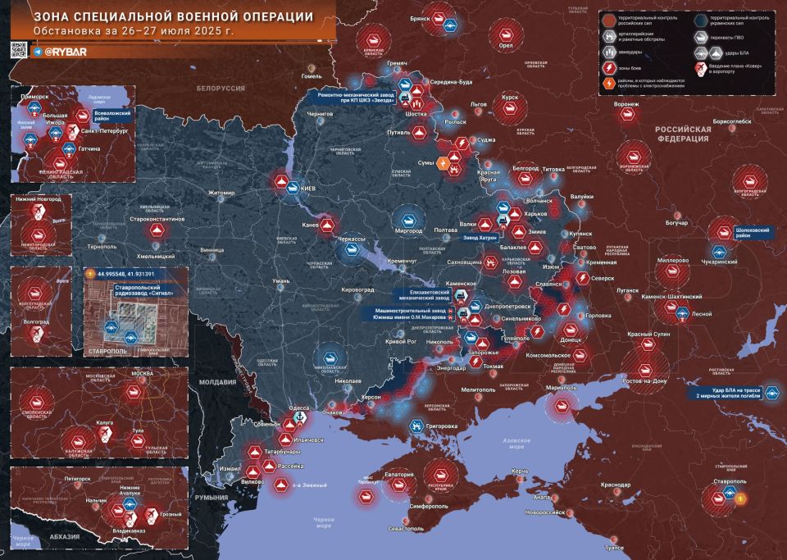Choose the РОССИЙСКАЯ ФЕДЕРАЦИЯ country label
point(681,134)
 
